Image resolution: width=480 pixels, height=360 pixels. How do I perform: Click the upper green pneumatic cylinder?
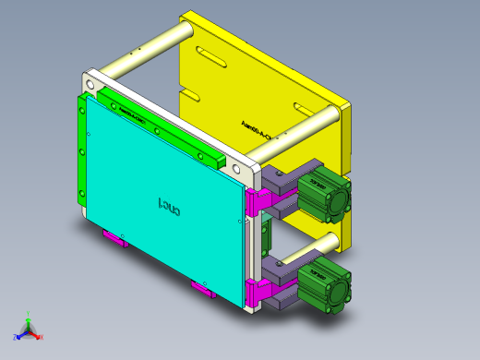[x=324, y=196]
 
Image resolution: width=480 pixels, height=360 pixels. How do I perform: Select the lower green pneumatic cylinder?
[x=325, y=282]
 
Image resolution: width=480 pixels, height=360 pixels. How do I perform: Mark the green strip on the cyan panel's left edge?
[x=82, y=152]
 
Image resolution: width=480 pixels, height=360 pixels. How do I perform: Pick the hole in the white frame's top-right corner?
[x=252, y=172]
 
